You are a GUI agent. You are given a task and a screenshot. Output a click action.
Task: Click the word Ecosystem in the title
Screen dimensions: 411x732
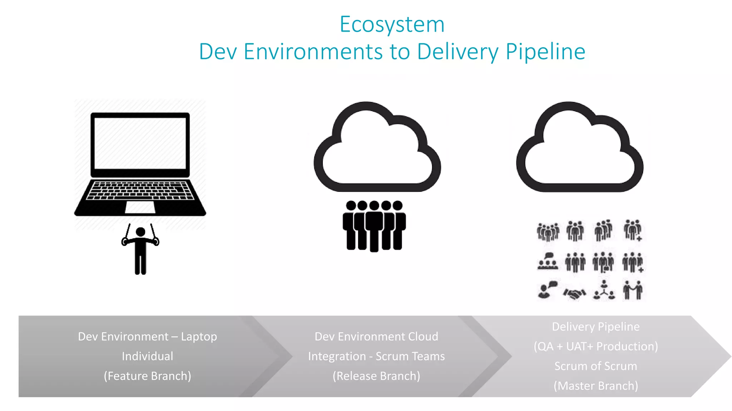[392, 25]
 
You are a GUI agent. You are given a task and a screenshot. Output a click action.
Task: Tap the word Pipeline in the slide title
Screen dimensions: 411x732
[545, 52]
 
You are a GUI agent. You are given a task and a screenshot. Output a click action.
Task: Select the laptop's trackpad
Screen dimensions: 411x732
[140, 207]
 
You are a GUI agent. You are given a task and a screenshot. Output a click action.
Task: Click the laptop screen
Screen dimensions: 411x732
[140, 143]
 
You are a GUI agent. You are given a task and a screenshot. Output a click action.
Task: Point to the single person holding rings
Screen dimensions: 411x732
[140, 250]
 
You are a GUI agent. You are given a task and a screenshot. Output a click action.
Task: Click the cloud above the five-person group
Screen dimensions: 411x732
[377, 150]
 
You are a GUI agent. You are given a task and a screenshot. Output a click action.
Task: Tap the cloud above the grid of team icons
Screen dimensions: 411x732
[579, 150]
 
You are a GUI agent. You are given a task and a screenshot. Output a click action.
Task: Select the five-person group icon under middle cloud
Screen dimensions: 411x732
[374, 225]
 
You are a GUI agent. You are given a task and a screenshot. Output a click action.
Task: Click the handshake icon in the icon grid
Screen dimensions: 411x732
[574, 294]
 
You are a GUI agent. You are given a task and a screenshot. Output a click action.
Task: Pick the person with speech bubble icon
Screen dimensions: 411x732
[547, 290]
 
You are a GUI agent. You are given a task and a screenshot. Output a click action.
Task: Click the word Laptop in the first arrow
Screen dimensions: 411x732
[199, 336]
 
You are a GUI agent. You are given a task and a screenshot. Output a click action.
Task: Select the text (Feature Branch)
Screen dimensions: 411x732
[147, 376]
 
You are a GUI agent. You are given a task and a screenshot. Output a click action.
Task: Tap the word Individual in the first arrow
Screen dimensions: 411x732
[147, 356]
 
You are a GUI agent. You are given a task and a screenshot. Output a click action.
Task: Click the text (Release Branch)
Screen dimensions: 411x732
[376, 376]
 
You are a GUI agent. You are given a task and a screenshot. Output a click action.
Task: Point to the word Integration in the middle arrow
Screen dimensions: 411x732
[337, 356]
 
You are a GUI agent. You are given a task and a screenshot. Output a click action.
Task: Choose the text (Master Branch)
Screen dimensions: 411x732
[595, 386]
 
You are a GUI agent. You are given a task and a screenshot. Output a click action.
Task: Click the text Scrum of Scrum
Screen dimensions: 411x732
[595, 366]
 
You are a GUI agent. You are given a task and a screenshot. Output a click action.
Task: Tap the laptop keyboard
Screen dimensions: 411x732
[140, 190]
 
